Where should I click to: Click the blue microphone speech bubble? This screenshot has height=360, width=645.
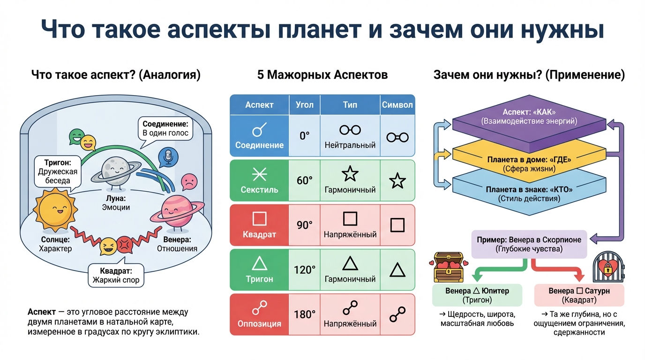point(166,157)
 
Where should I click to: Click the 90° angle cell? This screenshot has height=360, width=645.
point(304,225)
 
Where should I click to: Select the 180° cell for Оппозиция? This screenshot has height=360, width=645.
point(304,315)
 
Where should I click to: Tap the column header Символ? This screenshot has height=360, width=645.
point(397,105)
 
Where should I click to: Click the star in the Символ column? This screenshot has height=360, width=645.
point(397,180)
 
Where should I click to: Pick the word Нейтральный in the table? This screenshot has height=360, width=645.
point(350,145)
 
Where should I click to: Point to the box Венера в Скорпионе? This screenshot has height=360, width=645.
point(529,244)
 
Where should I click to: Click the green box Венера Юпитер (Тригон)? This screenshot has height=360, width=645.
point(477,295)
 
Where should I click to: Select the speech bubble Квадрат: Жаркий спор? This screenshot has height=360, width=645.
point(116,276)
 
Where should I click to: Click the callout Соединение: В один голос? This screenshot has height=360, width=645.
point(165,128)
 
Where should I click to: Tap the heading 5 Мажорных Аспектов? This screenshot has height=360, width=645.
point(322,75)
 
